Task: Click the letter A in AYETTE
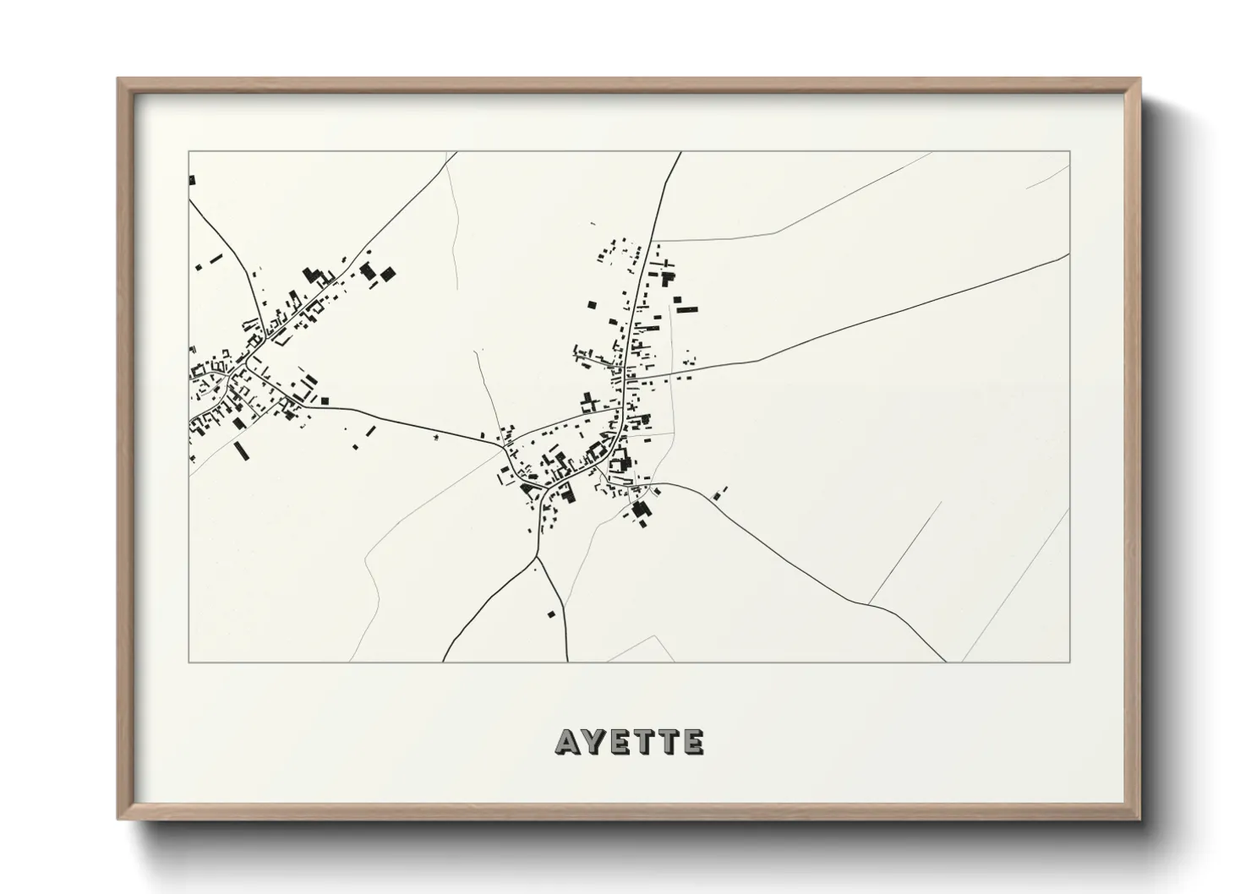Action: coord(567,742)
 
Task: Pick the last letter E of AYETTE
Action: coord(693,742)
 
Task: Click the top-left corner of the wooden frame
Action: coord(118,79)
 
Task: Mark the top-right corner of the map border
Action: coord(1070,151)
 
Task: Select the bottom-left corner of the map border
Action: coord(188,662)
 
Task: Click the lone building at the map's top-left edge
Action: coord(192,180)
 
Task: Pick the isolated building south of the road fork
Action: coord(553,613)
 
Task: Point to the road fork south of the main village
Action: coord(537,557)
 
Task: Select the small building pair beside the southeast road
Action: coord(721,491)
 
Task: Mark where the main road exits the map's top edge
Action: coord(680,153)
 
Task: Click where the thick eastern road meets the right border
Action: coord(1069,254)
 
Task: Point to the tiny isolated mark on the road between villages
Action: coord(436,438)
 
